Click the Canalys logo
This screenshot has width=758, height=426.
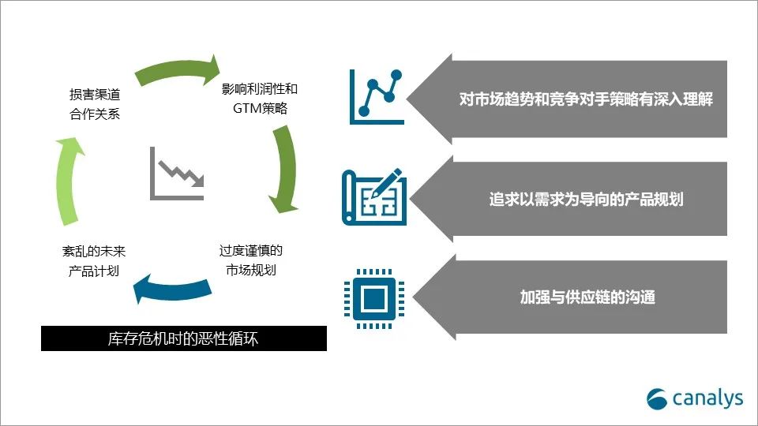point(695,398)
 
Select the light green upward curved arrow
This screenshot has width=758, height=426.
point(68,181)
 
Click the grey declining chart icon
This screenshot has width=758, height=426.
point(177,174)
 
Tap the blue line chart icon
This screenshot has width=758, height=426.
point(377,96)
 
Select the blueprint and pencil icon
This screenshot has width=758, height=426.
point(374,196)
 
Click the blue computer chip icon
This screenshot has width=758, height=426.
point(374,298)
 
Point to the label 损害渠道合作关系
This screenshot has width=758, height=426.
point(95,104)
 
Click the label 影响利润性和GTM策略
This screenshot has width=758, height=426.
point(260,99)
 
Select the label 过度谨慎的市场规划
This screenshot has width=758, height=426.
point(251,260)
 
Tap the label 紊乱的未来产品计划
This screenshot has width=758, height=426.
point(94,261)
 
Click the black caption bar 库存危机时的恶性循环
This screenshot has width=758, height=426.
point(184,338)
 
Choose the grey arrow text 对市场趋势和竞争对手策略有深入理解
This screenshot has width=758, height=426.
point(586,99)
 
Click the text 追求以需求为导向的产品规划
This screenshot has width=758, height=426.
point(586,199)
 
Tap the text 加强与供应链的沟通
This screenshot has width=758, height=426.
point(587,297)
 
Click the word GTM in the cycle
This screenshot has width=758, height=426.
point(247,108)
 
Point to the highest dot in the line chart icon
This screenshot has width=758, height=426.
point(396,75)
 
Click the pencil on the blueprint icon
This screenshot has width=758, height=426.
point(386,182)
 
